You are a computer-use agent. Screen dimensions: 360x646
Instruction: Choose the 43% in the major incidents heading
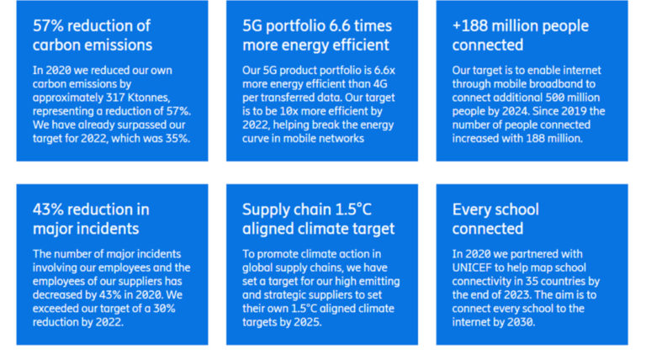(x=48, y=209)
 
